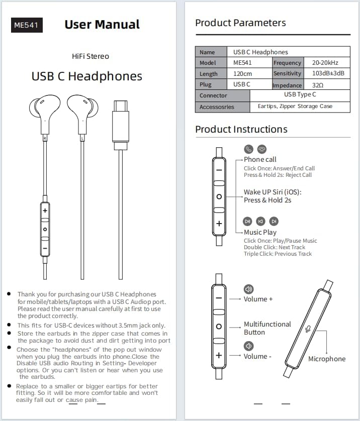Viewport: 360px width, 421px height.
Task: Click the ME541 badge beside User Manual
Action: [27, 25]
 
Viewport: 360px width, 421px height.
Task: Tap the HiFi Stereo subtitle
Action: [91, 56]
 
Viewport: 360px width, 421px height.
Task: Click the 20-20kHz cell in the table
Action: [325, 63]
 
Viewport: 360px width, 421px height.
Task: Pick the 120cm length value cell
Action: [243, 73]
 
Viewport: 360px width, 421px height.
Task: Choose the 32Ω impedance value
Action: [318, 85]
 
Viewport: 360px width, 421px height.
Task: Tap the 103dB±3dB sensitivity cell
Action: [328, 73]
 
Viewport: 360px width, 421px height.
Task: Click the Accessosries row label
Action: [217, 107]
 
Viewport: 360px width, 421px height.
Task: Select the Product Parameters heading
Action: [240, 23]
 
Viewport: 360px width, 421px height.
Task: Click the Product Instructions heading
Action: [241, 129]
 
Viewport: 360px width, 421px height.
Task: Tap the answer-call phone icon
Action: [248, 149]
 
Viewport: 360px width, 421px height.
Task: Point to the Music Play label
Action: [260, 232]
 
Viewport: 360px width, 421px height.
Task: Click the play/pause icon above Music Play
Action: [247, 221]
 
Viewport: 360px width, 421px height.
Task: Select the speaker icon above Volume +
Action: [248, 289]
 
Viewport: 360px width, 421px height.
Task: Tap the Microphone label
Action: [327, 359]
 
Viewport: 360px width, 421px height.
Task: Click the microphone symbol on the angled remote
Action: [308, 328]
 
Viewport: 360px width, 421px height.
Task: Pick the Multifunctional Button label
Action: [267, 328]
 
